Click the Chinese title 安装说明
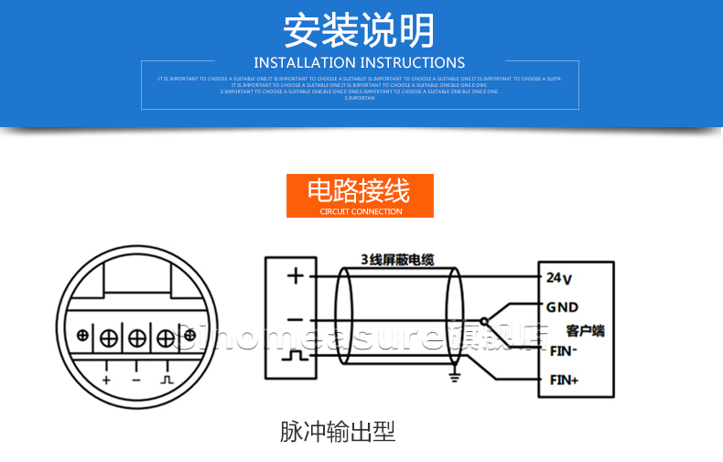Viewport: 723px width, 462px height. point(360,30)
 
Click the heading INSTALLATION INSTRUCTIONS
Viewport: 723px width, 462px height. point(360,63)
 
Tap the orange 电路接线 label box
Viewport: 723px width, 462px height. point(360,196)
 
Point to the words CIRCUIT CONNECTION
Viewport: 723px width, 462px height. point(361,212)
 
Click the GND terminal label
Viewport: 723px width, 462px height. point(562,307)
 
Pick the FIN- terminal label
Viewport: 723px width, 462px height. point(562,349)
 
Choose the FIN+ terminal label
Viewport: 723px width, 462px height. point(563,380)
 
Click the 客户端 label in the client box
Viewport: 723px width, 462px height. point(586,330)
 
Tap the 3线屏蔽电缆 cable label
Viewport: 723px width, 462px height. point(396,260)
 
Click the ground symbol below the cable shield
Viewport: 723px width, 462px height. point(452,372)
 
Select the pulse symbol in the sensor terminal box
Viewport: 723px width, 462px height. point(295,359)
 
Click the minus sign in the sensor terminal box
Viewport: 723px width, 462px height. point(295,319)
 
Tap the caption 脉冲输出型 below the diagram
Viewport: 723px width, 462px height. point(338,432)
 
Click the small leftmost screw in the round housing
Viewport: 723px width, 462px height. point(83,335)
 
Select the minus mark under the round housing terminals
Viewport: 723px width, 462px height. point(135,378)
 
